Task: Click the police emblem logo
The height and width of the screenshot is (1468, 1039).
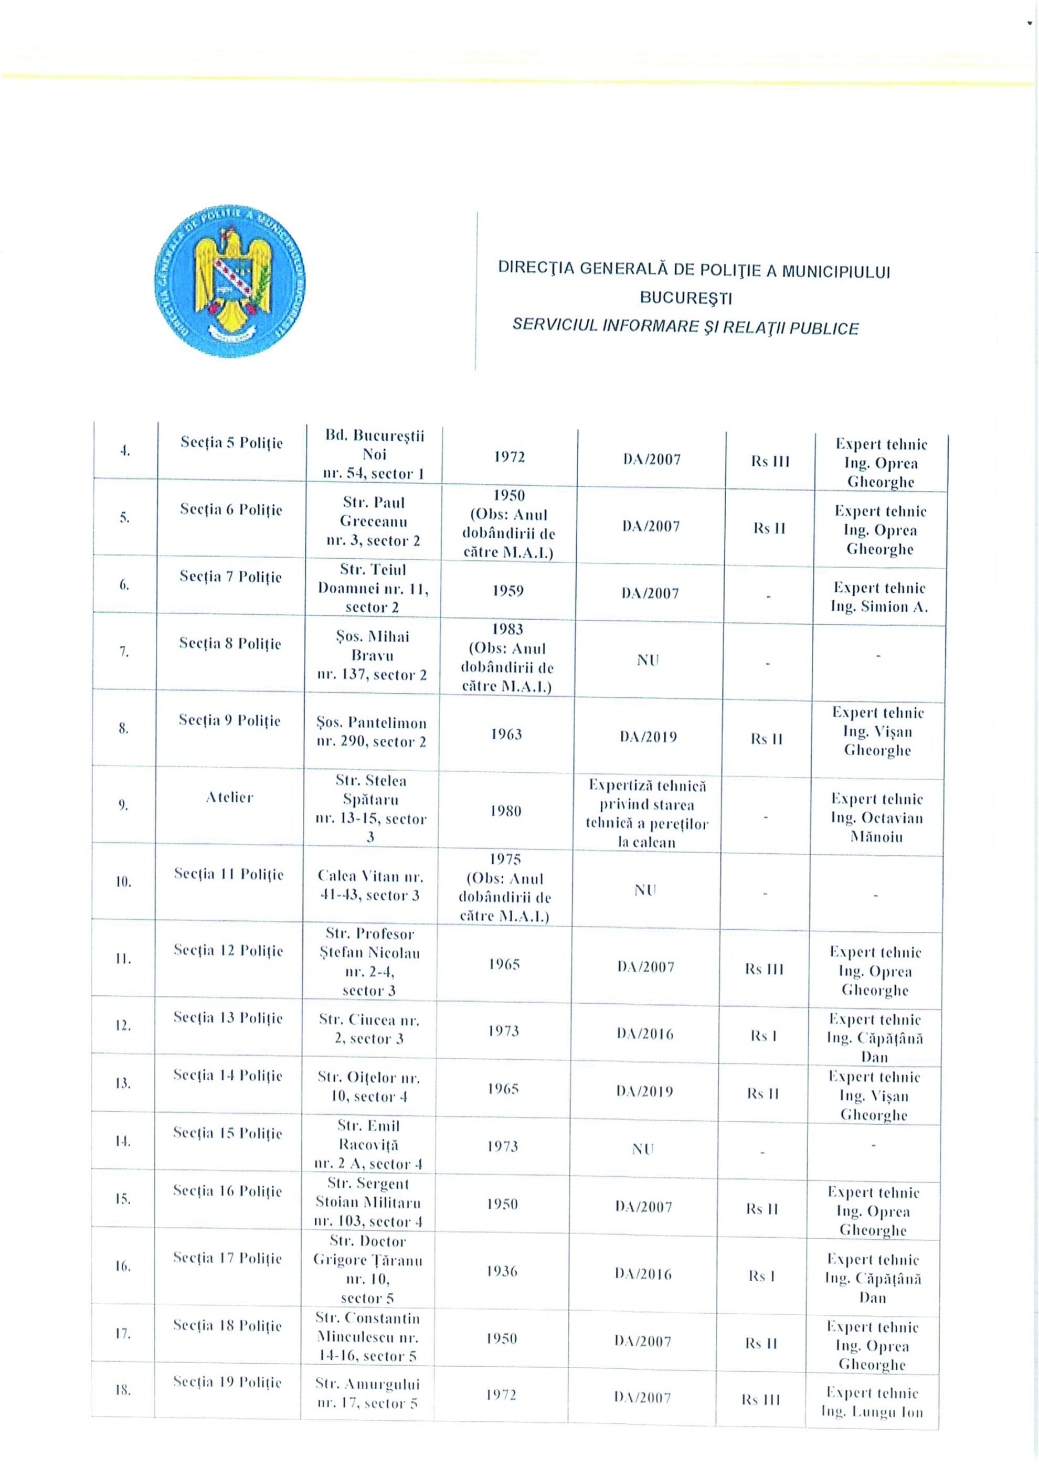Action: (x=230, y=290)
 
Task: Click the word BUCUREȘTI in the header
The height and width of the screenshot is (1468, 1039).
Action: (x=686, y=299)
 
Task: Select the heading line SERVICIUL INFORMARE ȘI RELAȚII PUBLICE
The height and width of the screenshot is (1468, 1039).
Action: (x=685, y=327)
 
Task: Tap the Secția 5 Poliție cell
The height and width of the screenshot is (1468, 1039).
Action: (x=231, y=443)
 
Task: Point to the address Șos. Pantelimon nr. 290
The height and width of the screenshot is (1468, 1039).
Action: (x=371, y=732)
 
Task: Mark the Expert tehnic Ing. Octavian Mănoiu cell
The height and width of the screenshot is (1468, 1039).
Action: (x=877, y=817)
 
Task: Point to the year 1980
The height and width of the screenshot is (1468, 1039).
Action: (x=505, y=811)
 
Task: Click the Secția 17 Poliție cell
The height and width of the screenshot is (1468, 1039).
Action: (x=227, y=1258)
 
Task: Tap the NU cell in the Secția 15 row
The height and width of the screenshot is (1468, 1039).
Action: (x=643, y=1150)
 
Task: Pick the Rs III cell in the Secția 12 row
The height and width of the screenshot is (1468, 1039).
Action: (x=764, y=969)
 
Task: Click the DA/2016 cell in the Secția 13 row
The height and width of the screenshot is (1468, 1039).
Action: (x=645, y=1034)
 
